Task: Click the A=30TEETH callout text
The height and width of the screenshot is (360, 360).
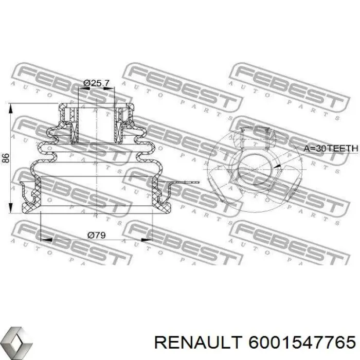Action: tap(330, 149)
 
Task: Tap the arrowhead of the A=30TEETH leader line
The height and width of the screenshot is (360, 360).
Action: tap(276, 166)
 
